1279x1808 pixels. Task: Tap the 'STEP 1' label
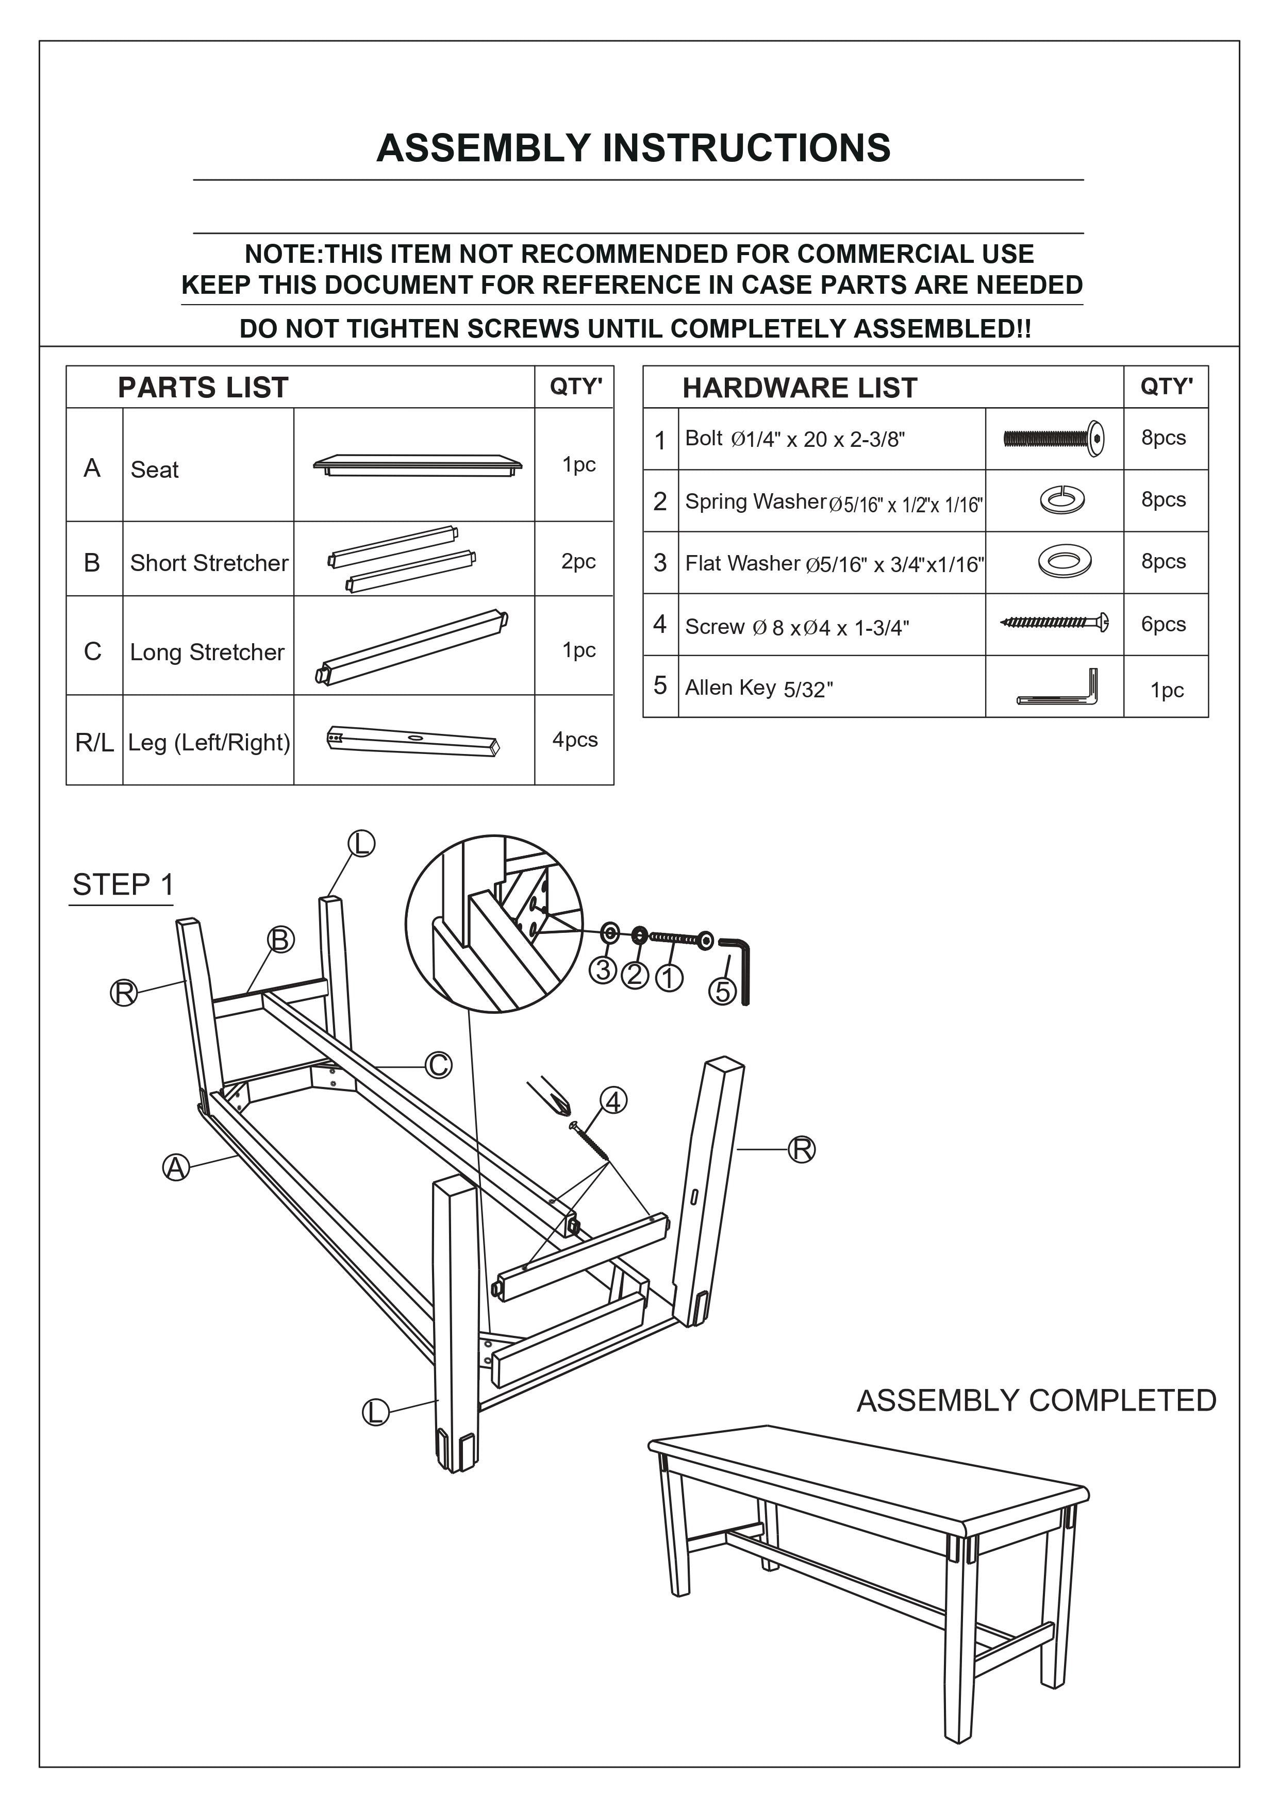[x=123, y=884]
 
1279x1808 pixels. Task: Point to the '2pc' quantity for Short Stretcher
[x=578, y=561]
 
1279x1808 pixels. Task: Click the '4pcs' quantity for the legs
[x=575, y=740]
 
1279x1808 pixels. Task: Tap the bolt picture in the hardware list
[x=1053, y=437]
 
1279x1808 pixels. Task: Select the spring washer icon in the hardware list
[x=1061, y=499]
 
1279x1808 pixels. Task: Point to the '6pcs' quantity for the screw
[x=1163, y=624]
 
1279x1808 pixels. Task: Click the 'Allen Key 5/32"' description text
[x=758, y=688]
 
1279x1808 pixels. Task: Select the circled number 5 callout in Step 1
[x=723, y=992]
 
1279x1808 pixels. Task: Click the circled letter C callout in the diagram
[x=439, y=1065]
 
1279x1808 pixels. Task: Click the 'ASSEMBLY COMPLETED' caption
[x=1036, y=1401]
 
